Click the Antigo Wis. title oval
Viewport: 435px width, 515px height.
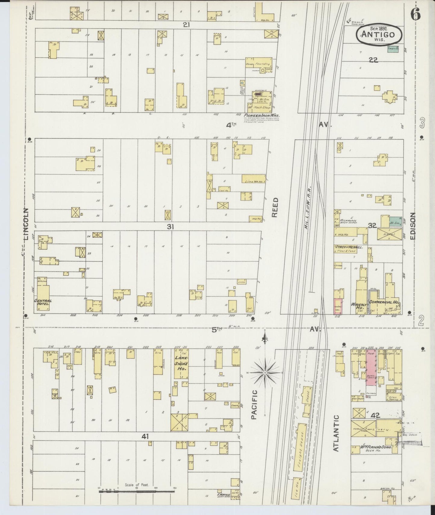coord(379,34)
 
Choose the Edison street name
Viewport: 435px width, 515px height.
coord(412,226)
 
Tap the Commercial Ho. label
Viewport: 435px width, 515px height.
coord(384,302)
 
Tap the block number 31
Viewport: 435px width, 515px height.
coord(171,227)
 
